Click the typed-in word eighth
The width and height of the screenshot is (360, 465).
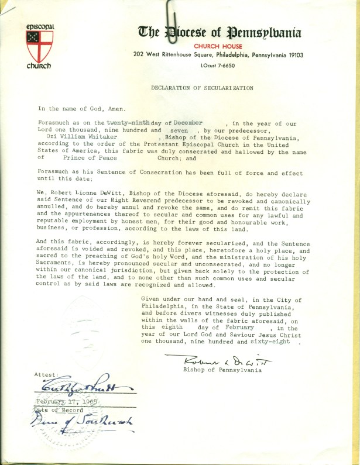point(170,329)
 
